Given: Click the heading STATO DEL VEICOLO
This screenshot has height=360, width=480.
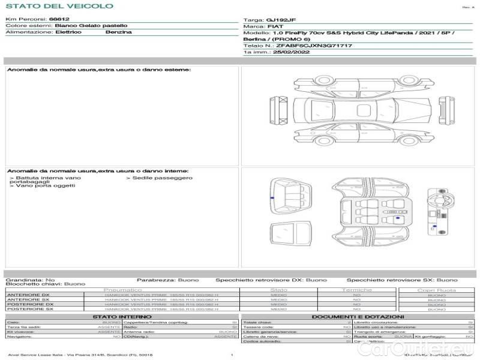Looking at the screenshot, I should pyautogui.click(x=59, y=6).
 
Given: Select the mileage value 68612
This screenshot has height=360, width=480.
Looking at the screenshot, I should pyautogui.click(x=59, y=19).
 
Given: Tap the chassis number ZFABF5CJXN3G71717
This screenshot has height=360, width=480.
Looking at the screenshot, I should pyautogui.click(x=314, y=46).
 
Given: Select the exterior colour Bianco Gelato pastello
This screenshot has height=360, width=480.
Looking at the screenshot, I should pyautogui.click(x=91, y=26).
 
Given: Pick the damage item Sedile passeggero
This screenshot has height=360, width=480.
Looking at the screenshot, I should pyautogui.click(x=162, y=178).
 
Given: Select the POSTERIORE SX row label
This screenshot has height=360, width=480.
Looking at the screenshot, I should pyautogui.click(x=29, y=309).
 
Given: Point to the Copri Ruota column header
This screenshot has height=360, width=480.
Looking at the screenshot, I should pyautogui.click(x=436, y=290).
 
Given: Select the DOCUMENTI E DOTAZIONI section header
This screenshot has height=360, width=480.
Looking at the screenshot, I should pyautogui.click(x=357, y=316).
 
